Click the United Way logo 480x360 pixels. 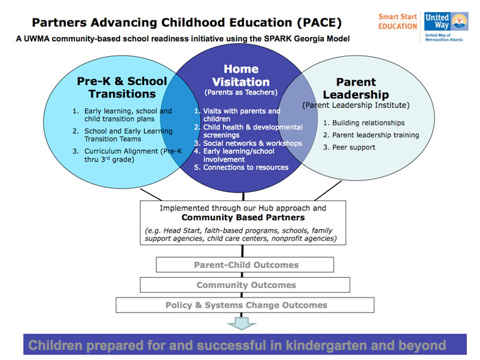pos(446,25)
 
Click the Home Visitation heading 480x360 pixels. pos(241,75)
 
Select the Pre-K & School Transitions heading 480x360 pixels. pos(121,87)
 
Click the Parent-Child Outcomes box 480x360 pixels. pos(245,265)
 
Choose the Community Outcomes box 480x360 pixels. pos(245,285)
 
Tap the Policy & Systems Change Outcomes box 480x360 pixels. pos(245,305)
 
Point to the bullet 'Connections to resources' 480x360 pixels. pos(245,167)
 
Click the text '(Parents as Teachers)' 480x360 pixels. pos(241,93)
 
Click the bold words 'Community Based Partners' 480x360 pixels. pos(243,218)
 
